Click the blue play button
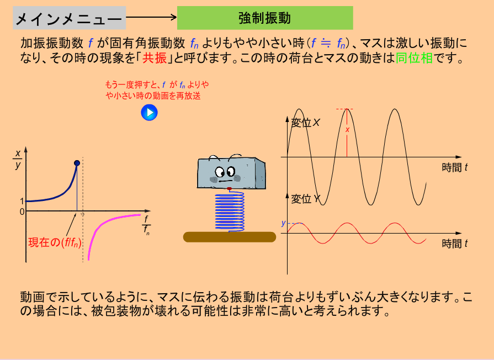click(x=149, y=113)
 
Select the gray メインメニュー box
click(x=70, y=18)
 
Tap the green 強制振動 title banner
click(x=265, y=18)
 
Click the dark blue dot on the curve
click(x=77, y=163)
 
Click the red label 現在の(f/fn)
click(x=55, y=242)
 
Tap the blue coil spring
click(x=230, y=212)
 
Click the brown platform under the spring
click(x=230, y=237)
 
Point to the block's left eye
click(x=220, y=172)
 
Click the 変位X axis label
click(x=305, y=123)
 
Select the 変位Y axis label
click(x=305, y=199)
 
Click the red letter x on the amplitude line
click(x=348, y=130)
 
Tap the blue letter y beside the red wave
click(x=283, y=223)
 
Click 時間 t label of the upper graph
click(x=455, y=167)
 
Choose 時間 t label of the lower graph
click(x=455, y=243)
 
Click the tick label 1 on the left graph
click(x=22, y=201)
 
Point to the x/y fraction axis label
click(x=18, y=159)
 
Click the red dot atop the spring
click(x=229, y=189)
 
